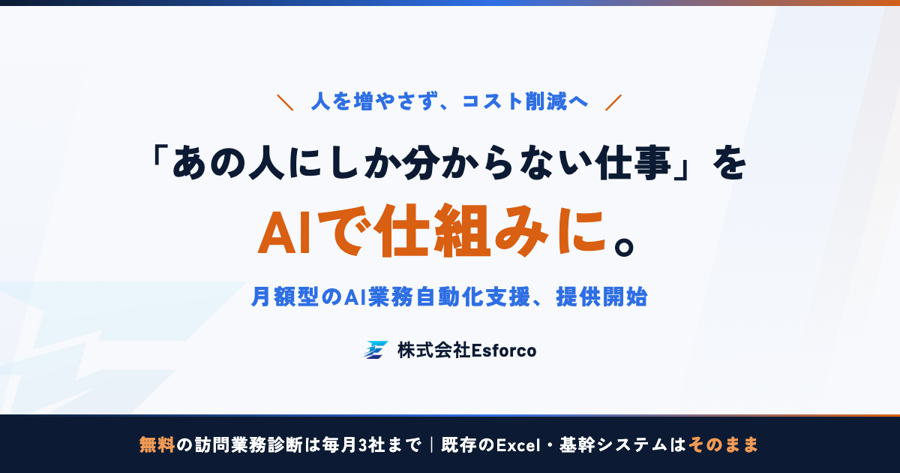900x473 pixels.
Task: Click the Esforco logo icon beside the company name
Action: click(376, 350)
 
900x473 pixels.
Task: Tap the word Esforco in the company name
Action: click(503, 351)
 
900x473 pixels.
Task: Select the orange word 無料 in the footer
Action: click(157, 444)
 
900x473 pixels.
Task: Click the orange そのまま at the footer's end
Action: click(723, 444)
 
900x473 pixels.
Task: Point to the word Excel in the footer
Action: click(518, 444)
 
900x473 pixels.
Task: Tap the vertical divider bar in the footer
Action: click(431, 444)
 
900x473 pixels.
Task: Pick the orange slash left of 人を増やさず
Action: click(285, 102)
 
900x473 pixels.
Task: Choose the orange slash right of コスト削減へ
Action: click(613, 102)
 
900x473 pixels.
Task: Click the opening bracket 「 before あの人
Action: click(158, 157)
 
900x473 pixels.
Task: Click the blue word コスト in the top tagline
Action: click(492, 101)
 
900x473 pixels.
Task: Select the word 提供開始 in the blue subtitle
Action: click(601, 297)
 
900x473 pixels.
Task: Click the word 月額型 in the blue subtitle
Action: click(285, 297)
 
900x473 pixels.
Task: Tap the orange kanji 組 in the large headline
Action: click(463, 230)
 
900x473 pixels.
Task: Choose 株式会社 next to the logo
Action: click(433, 351)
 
